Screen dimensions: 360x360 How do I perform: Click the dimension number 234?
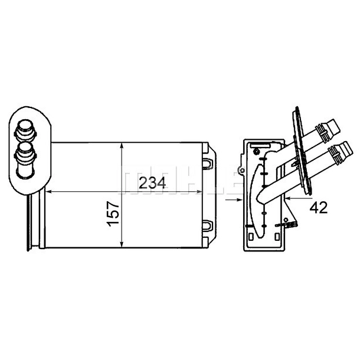(x=152, y=183)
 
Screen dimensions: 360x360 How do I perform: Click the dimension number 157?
(x=114, y=214)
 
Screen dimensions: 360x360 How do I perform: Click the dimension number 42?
(x=319, y=208)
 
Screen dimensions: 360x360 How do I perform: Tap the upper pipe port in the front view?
(x=25, y=132)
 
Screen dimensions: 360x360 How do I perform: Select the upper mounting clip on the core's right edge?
(x=207, y=163)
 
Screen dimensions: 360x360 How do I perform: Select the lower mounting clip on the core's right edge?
(x=207, y=225)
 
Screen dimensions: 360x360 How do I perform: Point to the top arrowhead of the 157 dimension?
(x=122, y=146)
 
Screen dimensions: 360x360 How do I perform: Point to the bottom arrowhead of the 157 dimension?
(x=122, y=244)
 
